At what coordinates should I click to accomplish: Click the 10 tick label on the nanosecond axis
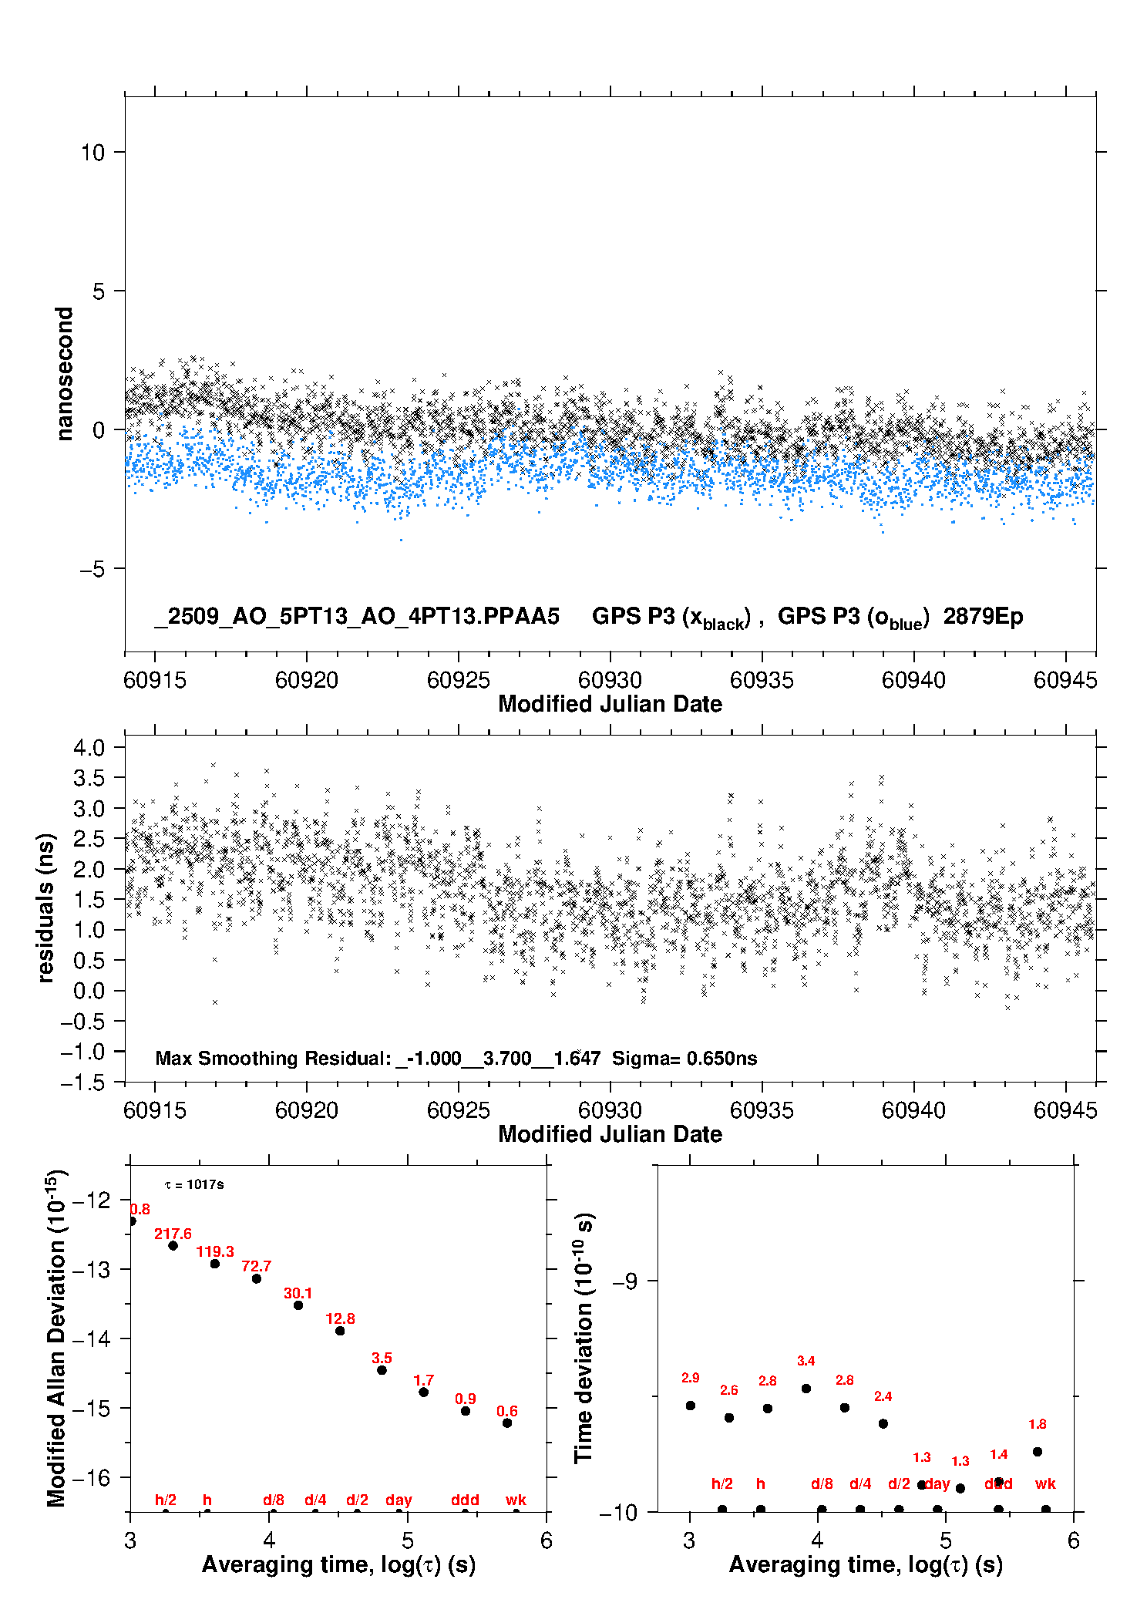click(92, 153)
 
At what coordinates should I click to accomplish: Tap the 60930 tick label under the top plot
click(610, 680)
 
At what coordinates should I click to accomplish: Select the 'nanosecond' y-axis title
click(65, 374)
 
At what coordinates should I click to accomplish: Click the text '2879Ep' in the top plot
click(983, 617)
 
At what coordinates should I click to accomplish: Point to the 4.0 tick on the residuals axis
click(89, 747)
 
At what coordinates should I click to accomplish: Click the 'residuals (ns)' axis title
click(46, 907)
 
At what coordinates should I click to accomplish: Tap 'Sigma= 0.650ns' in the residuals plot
click(684, 1059)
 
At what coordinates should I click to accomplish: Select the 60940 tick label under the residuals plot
click(913, 1110)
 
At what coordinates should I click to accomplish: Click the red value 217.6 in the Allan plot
click(173, 1234)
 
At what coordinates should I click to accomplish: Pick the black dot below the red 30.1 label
click(298, 1305)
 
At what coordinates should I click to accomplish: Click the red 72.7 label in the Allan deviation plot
click(256, 1267)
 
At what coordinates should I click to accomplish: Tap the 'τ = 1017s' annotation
click(194, 1185)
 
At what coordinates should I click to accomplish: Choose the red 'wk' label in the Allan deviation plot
click(516, 1500)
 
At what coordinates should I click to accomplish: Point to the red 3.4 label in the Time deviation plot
click(806, 1362)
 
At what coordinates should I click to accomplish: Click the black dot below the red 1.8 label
click(1038, 1452)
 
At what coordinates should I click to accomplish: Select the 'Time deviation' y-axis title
click(584, 1338)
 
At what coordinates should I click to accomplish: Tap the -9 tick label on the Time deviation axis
click(624, 1281)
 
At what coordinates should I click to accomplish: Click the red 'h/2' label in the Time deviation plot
click(721, 1484)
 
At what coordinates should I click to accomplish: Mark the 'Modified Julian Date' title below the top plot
click(610, 705)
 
